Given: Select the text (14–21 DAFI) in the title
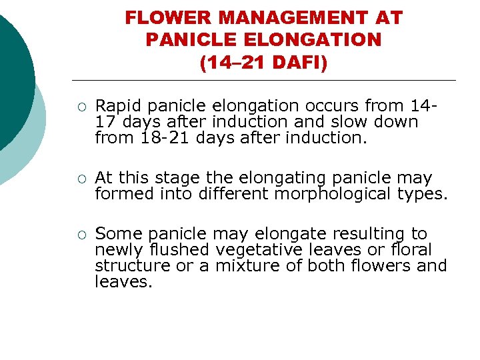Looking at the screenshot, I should click(263, 63).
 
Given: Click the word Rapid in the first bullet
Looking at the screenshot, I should click(118, 105).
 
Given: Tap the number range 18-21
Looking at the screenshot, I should click(155, 138).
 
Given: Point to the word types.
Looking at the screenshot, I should click(423, 194).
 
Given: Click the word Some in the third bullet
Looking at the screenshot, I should click(119, 234).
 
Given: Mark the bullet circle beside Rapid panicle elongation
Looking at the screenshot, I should click(81, 106).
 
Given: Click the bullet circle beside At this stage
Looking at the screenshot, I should click(81, 179).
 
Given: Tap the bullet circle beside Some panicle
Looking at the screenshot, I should click(81, 235).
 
